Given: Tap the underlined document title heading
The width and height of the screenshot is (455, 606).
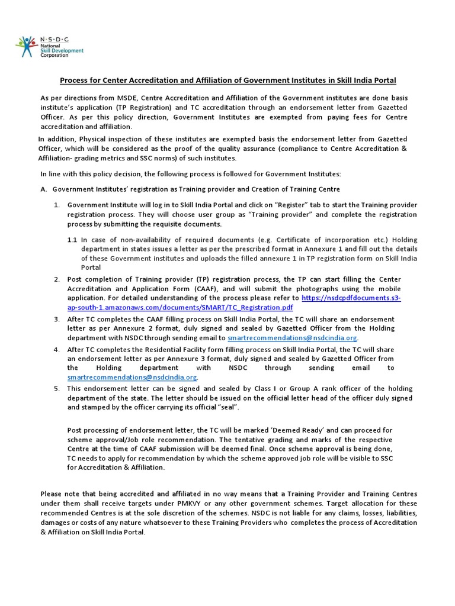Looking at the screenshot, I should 227,80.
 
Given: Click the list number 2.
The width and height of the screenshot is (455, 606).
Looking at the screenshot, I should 57,279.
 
